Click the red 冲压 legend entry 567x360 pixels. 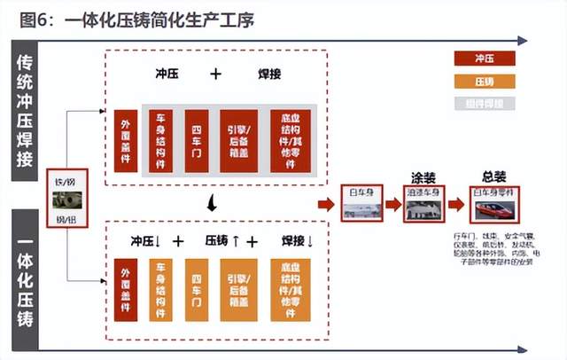[485, 59]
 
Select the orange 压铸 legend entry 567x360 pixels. [485, 82]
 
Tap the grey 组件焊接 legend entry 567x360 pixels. [485, 104]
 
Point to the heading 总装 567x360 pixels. [494, 176]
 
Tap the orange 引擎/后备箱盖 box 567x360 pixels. [237, 290]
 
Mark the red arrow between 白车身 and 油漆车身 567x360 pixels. [393, 205]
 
